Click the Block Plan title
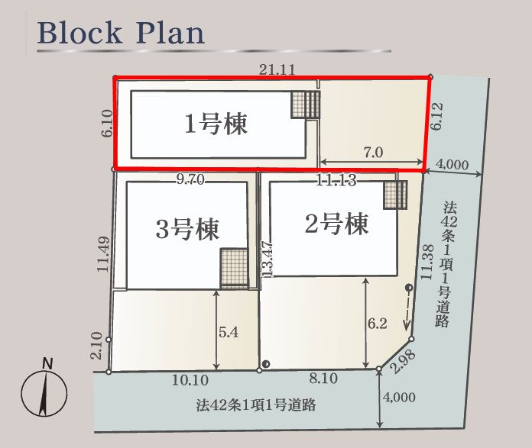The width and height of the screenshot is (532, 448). click(x=121, y=33)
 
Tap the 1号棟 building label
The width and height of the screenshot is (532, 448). click(x=216, y=124)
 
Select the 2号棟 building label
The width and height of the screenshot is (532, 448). click(x=336, y=224)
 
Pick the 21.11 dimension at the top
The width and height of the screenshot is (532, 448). click(x=277, y=69)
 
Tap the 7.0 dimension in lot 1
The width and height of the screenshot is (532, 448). click(x=373, y=152)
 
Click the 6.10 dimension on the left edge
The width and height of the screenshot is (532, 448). click(x=106, y=123)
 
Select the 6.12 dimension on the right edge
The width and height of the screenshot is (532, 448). click(x=436, y=117)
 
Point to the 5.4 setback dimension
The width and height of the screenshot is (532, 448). click(x=229, y=333)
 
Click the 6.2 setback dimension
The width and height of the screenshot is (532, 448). click(x=377, y=324)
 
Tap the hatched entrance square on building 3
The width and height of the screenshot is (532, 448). click(x=234, y=268)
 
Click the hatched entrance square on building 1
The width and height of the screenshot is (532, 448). click(x=305, y=105)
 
